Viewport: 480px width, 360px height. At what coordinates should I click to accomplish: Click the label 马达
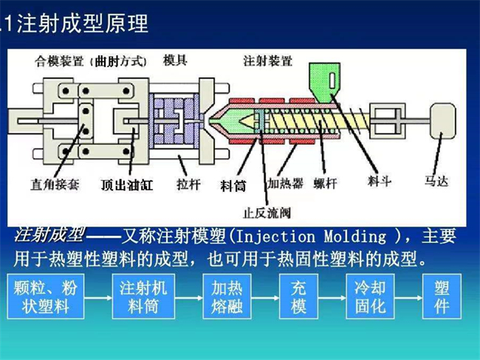click(x=437, y=178)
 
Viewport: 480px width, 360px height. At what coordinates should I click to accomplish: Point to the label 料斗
click(x=380, y=179)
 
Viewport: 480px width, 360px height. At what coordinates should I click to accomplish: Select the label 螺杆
click(x=327, y=182)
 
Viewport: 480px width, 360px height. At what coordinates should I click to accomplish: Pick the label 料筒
click(x=233, y=181)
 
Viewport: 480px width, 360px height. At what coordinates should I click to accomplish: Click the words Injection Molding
click(x=326, y=238)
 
